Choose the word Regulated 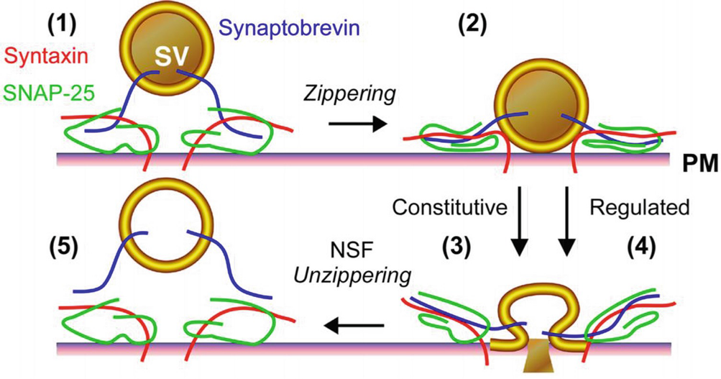(x=638, y=208)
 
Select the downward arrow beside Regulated (x=567, y=219)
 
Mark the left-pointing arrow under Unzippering (x=352, y=327)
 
